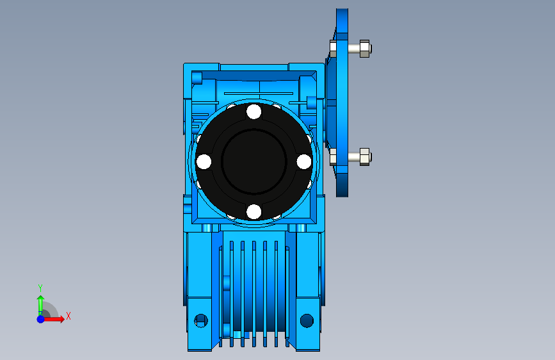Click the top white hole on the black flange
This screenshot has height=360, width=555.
pos(253,111)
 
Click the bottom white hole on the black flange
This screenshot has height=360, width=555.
pos(253,211)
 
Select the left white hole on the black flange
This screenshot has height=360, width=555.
pos(204,161)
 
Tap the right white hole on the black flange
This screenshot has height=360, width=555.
pos(303,161)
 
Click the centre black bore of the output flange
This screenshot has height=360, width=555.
pos(253,161)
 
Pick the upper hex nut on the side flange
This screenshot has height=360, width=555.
pos(365,49)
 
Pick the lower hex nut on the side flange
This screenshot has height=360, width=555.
pos(365,156)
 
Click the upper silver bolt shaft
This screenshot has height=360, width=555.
pos(353,49)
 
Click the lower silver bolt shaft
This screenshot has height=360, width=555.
pos(353,156)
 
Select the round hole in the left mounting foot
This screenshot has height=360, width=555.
pos(201,321)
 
